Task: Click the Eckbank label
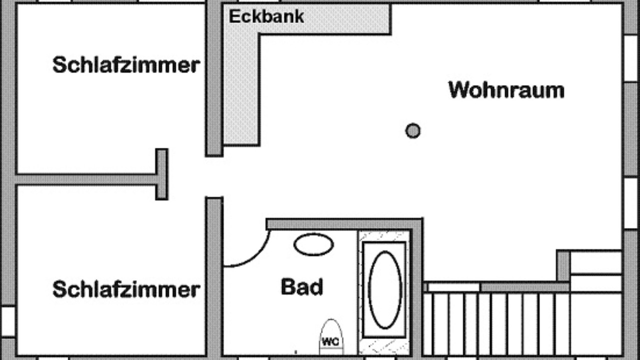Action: tap(266, 16)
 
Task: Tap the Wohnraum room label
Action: tap(506, 90)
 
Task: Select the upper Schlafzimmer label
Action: tap(126, 65)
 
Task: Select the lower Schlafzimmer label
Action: tap(126, 289)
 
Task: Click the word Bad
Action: tap(302, 287)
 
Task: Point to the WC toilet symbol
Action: tap(331, 337)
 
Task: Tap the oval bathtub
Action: tap(385, 289)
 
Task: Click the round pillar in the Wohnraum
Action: tap(412, 131)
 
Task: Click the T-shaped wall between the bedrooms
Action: tap(161, 174)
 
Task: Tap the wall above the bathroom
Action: tap(345, 223)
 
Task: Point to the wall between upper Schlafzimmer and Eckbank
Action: tap(214, 80)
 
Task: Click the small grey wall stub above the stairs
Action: tap(563, 265)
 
